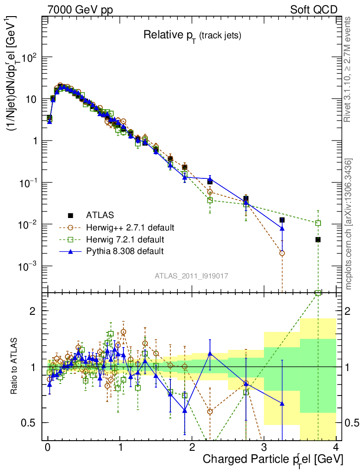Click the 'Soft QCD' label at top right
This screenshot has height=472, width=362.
pos(314,10)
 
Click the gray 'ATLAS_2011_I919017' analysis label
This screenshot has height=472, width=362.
pos(192,276)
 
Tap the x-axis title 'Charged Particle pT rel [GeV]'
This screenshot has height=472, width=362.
pos(273,460)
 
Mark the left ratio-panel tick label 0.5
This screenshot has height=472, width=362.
pos(34,423)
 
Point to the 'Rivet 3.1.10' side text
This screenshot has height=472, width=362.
pos(349,69)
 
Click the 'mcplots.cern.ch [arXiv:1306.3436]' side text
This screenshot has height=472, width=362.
pos(349,224)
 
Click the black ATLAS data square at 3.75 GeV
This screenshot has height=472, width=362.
pos(318,240)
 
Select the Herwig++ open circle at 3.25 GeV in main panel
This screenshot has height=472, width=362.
pos(282,253)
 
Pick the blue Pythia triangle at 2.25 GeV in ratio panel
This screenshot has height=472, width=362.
pos(210,353)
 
